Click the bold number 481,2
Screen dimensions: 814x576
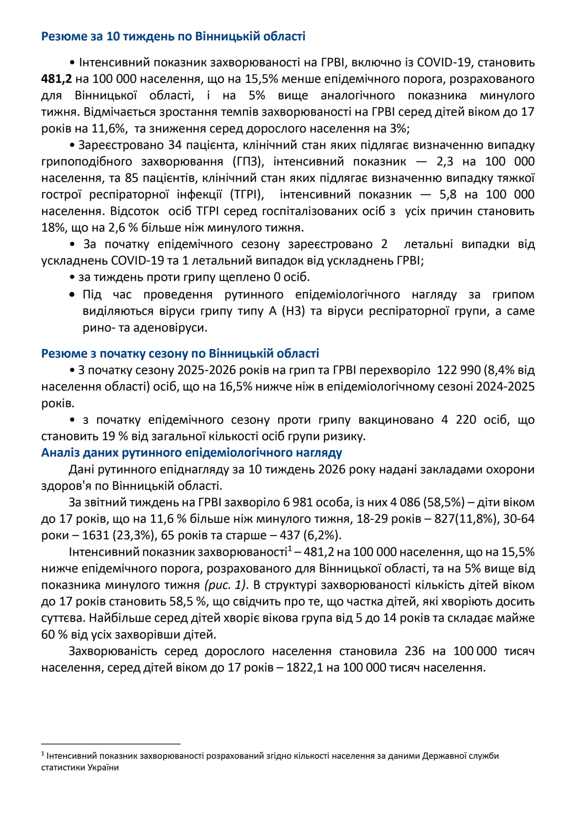(x=56, y=79)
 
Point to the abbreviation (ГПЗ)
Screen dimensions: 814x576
(x=248, y=161)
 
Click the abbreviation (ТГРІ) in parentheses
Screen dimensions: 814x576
(x=247, y=194)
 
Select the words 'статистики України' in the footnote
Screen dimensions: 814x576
(x=80, y=768)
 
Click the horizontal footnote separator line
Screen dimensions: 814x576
(x=111, y=743)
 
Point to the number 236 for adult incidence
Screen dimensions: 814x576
(x=415, y=651)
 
